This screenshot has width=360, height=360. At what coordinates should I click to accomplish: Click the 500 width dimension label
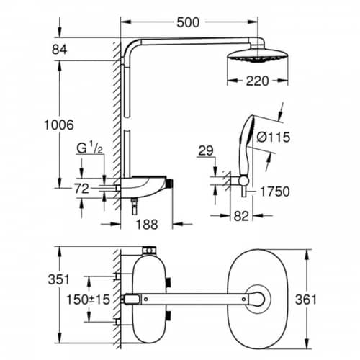[x=188, y=22]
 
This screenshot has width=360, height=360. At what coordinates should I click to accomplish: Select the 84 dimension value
[x=60, y=50]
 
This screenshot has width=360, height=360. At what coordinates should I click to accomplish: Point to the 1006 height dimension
[x=59, y=125]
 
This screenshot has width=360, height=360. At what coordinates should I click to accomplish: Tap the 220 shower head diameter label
[x=257, y=81]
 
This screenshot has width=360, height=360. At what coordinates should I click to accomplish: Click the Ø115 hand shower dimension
[x=274, y=138]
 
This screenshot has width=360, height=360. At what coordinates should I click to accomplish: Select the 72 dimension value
[x=81, y=189]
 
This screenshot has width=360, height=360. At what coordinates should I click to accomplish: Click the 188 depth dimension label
[x=147, y=225]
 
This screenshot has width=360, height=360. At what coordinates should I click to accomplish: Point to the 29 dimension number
[x=206, y=150]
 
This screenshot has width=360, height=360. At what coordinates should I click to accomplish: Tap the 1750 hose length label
[x=275, y=192]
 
